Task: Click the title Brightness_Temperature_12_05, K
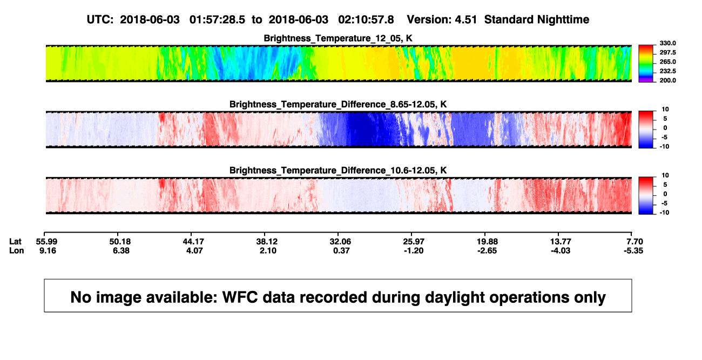(x=338, y=38)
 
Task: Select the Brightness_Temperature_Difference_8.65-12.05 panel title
(x=338, y=104)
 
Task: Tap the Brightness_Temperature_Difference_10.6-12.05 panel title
(x=338, y=171)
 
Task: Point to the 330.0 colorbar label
(x=667, y=43)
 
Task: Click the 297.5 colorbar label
(x=667, y=52)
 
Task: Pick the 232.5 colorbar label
(x=667, y=71)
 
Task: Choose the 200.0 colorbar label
(x=667, y=80)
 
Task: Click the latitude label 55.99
(x=46, y=242)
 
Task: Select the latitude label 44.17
(x=193, y=242)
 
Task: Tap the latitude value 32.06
(x=340, y=242)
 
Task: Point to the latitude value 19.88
(x=487, y=242)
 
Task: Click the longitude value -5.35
(x=633, y=250)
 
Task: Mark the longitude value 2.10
(x=268, y=250)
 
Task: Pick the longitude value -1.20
(x=414, y=250)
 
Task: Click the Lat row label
(x=15, y=242)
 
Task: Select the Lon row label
(x=16, y=250)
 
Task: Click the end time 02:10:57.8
(x=366, y=19)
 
